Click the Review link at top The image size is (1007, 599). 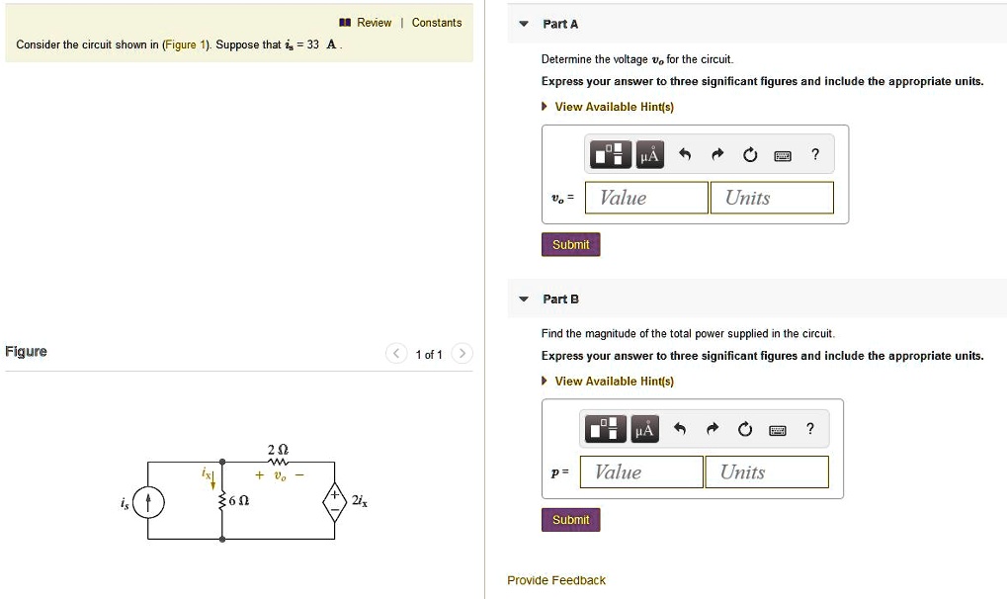coord(374,23)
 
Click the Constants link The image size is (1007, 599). coord(436,23)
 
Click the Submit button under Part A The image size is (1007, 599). coord(570,245)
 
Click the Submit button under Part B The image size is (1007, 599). coord(570,520)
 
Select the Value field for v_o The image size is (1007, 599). coord(646,198)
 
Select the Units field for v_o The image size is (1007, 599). coord(771,198)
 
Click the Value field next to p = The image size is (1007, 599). coord(641,472)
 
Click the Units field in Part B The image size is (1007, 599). coord(766,472)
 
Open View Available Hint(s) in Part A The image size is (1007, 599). coord(613,107)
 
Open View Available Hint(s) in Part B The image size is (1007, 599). coord(613,382)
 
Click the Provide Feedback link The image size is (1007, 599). coord(555,580)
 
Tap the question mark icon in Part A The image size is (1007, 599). coord(814,154)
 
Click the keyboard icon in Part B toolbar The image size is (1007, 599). coord(778,429)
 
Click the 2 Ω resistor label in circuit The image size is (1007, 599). coord(278,450)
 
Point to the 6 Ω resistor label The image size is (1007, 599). coord(238,501)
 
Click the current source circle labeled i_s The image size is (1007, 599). coord(148,502)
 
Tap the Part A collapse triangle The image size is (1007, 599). coord(524,24)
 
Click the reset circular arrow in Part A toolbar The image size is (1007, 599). coord(750,154)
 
